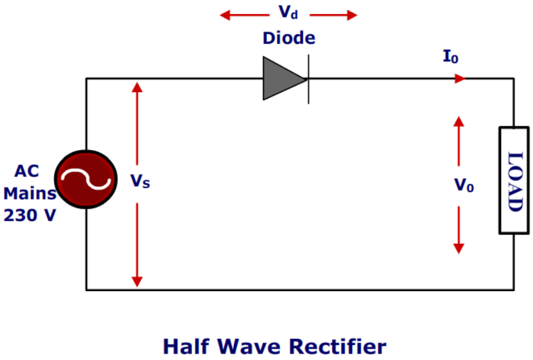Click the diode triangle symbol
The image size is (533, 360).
coord(282,79)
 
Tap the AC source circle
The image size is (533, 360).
coord(85,179)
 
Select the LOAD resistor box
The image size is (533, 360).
coord(514,180)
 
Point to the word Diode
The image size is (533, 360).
coord(288,38)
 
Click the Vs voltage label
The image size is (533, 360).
coord(141,182)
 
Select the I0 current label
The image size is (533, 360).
coord(450,57)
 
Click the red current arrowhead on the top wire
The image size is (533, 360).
coord(460,79)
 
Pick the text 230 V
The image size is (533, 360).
coord(30,216)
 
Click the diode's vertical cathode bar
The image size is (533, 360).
coord(308,79)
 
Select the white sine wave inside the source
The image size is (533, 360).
coord(85,179)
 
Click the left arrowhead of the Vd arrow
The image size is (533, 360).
coord(225,14)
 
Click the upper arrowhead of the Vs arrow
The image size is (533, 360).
coord(137,86)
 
